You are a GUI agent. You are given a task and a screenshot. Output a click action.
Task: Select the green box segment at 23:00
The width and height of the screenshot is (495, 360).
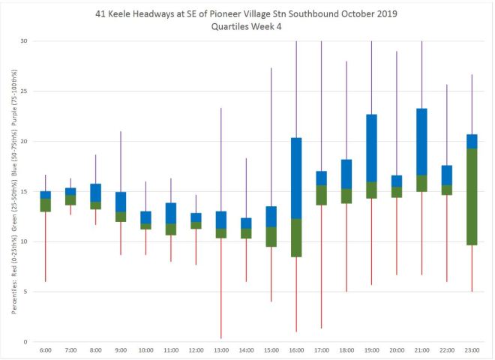(x=472, y=196)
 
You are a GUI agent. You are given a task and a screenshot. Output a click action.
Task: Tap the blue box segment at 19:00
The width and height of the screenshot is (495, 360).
(x=372, y=148)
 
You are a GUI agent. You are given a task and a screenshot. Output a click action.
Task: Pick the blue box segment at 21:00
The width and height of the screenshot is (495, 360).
(x=421, y=142)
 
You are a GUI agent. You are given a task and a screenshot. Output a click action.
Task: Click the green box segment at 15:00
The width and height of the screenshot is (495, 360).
(x=271, y=236)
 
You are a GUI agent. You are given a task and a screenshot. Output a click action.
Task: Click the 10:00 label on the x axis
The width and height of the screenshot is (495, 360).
(x=145, y=350)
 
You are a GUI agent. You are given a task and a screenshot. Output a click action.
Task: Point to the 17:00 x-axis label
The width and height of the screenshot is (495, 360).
(x=321, y=350)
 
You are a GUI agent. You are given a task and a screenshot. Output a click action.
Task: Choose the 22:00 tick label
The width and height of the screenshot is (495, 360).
(x=447, y=350)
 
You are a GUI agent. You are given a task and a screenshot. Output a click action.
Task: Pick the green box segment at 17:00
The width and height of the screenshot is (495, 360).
(x=321, y=195)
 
